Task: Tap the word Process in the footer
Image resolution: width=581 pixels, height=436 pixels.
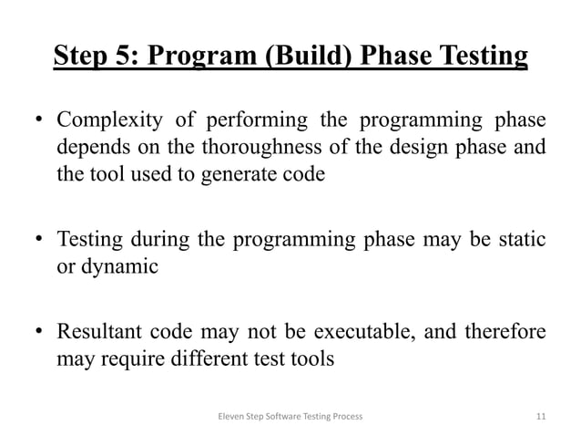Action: pos(344,416)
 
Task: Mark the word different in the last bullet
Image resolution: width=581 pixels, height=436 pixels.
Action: pos(218,358)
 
